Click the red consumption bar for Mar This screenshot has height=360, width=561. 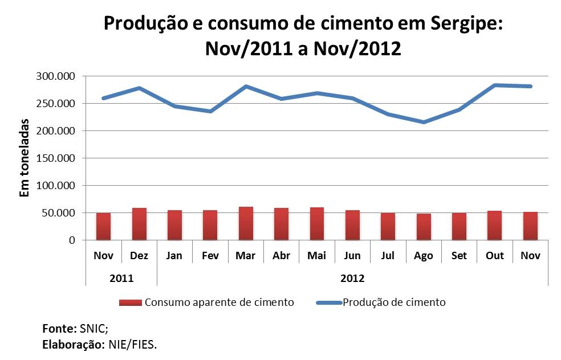click(246, 223)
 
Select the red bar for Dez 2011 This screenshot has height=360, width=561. click(139, 224)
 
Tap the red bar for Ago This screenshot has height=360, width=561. click(424, 227)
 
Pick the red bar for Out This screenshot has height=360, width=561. click(495, 226)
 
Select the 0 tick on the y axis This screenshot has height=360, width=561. click(72, 240)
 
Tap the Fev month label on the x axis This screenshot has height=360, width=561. click(210, 256)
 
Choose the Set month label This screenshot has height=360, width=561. click(459, 256)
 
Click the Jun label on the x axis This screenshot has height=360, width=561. click(352, 256)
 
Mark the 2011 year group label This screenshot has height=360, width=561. click(121, 279)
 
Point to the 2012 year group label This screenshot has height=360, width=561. click(352, 279)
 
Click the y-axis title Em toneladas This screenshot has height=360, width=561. click(25, 158)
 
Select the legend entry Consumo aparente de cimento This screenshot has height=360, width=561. click(219, 302)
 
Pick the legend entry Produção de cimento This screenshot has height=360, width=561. click(394, 302)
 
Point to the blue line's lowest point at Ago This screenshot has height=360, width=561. click(424, 122)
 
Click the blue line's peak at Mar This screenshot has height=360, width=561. click(246, 87)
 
